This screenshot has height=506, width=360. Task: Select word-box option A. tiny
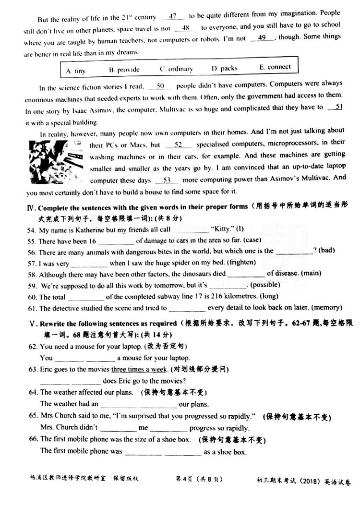click(x=75, y=71)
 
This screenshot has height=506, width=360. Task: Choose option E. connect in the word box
click(x=275, y=67)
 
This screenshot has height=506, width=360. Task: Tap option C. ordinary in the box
click(x=176, y=69)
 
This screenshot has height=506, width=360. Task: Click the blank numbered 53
click(x=168, y=180)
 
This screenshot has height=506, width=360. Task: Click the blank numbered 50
click(x=160, y=86)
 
